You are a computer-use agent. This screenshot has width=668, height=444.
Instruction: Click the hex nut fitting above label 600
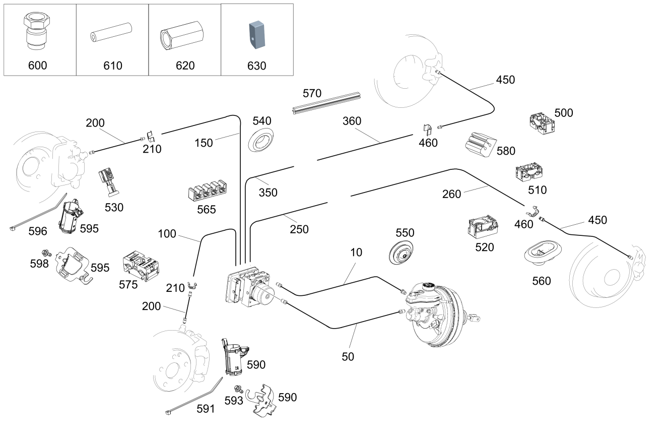tap(37, 31)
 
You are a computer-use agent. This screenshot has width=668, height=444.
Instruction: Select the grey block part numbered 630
tap(257, 35)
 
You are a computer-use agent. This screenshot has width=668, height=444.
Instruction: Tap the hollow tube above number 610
tap(111, 32)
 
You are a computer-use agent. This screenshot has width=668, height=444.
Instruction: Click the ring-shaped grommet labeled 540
tap(260, 140)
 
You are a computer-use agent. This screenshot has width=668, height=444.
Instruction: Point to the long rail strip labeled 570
tap(327, 103)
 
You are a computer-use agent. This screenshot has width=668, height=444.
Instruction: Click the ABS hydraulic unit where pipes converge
tap(250, 286)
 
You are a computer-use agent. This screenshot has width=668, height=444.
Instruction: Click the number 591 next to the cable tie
tap(206, 409)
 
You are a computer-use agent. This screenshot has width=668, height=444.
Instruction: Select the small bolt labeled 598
tap(46, 253)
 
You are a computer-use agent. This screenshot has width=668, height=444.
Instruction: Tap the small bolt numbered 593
tap(239, 389)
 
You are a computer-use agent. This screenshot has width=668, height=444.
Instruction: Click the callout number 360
tap(352, 121)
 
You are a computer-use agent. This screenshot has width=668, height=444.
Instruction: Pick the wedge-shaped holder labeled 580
tap(481, 145)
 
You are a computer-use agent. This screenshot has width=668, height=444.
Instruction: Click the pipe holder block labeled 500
tap(542, 123)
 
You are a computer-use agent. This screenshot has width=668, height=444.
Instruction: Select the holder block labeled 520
tap(483, 226)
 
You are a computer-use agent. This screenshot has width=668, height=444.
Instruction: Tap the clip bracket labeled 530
tap(108, 182)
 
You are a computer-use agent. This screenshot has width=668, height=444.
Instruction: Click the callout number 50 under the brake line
tap(348, 357)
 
